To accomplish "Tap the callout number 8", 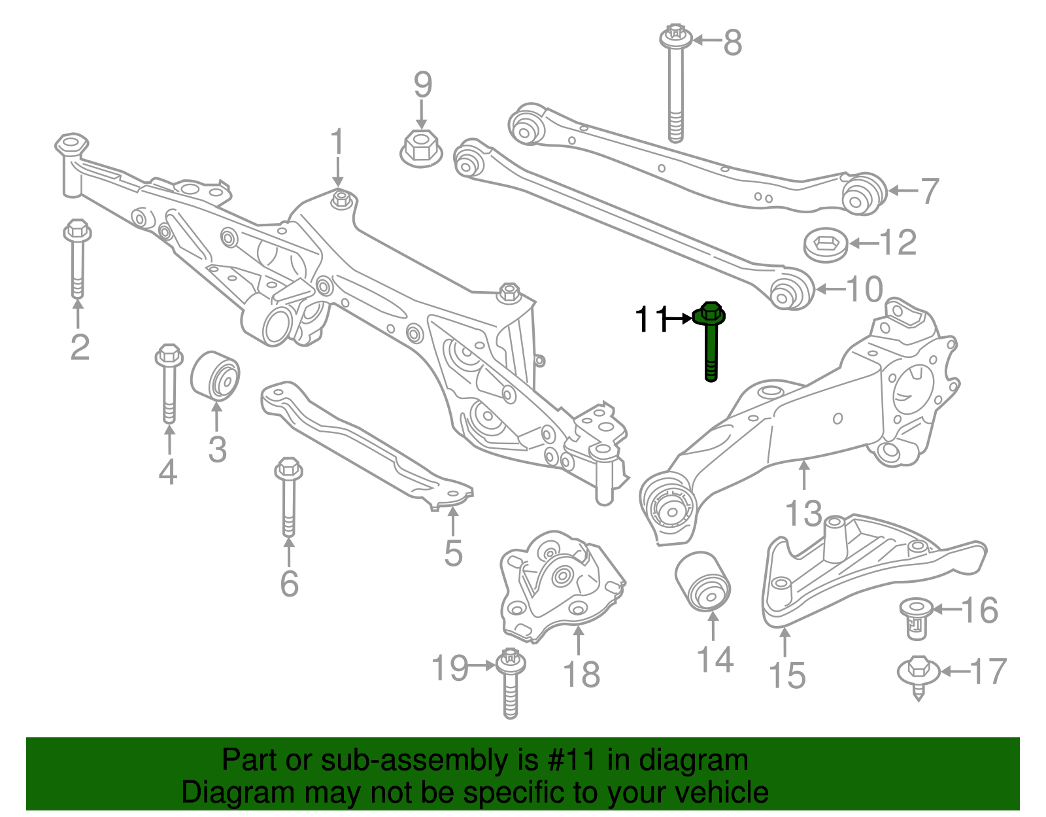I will tap(733, 43).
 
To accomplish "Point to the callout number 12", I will tap(898, 243).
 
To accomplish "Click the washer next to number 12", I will tap(825, 245).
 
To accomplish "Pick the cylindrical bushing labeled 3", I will tap(215, 375).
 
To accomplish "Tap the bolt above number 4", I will tap(169, 383).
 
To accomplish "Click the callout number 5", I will tap(453, 553).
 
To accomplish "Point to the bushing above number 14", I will tap(703, 581).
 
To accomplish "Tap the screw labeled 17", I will tap(919, 674).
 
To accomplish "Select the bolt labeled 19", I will tap(511, 684).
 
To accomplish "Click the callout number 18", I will tap(581, 674).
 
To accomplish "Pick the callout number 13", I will tap(803, 513).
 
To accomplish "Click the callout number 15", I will tap(786, 675).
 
